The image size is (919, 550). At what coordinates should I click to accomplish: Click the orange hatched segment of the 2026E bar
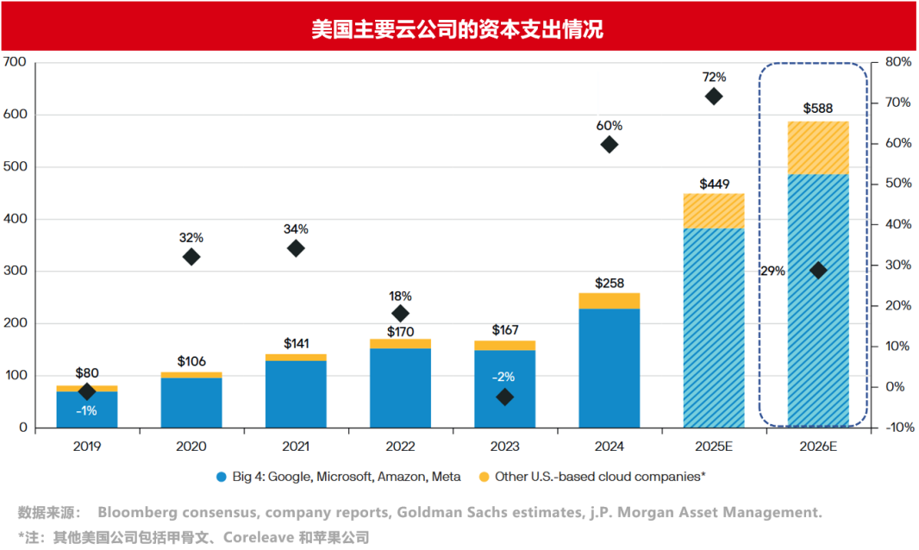click(x=817, y=147)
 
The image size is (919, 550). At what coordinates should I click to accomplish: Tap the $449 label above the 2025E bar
click(x=714, y=184)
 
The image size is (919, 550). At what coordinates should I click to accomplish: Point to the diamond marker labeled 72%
click(x=714, y=97)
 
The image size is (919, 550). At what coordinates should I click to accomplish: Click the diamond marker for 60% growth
click(x=610, y=145)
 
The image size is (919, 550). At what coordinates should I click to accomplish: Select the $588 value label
click(x=817, y=109)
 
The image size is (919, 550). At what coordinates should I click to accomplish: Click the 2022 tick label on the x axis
click(x=400, y=447)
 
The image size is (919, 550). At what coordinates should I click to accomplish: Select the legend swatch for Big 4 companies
click(x=222, y=476)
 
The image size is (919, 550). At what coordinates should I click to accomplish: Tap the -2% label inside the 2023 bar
click(x=504, y=377)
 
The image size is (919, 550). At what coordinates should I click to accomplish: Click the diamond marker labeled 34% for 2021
click(x=296, y=248)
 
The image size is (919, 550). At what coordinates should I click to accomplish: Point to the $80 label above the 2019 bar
click(x=87, y=373)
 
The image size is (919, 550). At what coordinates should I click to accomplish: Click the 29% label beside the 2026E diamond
click(x=772, y=271)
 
